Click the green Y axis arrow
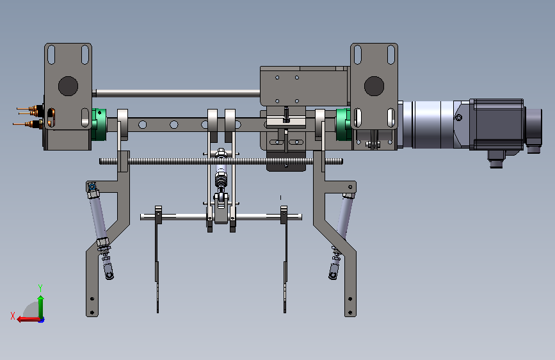coord(41,306)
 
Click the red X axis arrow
coord(28,319)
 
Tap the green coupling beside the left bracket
coord(98,124)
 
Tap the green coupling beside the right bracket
coord(343,124)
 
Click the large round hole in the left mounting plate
coord(68,86)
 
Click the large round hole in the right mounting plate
coord(374,86)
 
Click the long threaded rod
coord(221,161)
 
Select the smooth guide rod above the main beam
coord(176,93)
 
